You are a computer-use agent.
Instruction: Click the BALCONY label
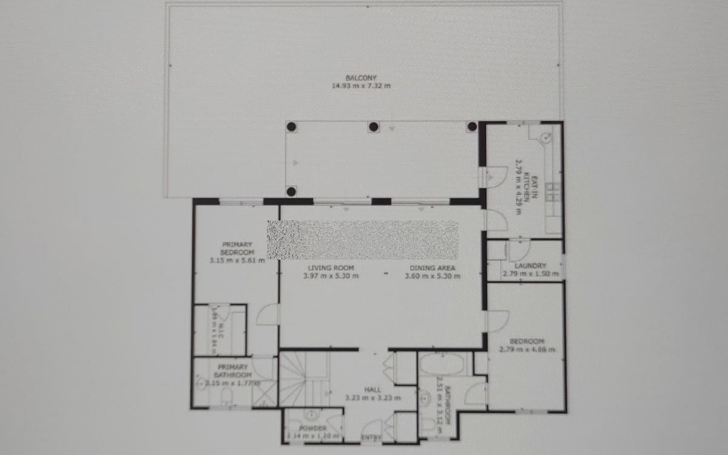point(361,78)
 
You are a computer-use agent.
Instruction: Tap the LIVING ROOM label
point(331,268)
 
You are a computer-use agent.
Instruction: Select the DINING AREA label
point(433,268)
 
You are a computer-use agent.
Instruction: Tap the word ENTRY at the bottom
point(371,438)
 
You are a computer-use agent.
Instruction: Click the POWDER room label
point(313,429)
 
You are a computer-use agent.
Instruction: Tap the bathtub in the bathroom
point(442,364)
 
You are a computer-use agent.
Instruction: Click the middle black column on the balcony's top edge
point(374,127)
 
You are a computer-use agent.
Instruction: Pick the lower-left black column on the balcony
point(291,192)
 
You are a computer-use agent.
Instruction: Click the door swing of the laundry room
point(519,250)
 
